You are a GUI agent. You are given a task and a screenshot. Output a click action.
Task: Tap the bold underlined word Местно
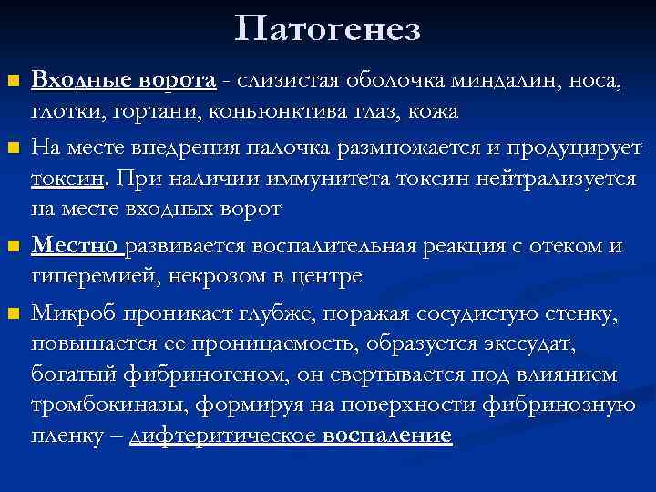77,247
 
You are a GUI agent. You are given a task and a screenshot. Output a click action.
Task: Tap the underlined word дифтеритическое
223,436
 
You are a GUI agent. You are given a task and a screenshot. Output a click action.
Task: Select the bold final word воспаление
387,436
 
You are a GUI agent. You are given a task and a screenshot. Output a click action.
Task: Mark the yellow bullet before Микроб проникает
13,315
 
